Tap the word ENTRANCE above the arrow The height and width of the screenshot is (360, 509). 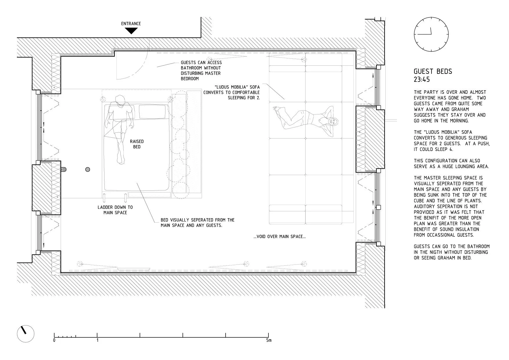[131, 24]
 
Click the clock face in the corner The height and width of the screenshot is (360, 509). [431, 34]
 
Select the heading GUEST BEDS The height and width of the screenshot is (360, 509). [433, 71]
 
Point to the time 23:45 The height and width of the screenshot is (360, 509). [422, 80]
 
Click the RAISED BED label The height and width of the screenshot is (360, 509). [137, 144]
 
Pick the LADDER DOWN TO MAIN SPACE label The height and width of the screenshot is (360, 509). [115, 210]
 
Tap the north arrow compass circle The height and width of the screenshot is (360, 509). [26, 334]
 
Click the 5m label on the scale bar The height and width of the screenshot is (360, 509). [269, 340]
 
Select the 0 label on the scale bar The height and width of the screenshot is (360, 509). [54, 340]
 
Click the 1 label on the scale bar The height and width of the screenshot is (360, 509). [97, 340]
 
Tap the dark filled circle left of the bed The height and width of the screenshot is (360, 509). [88, 170]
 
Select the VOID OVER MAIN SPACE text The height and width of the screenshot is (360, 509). [279, 237]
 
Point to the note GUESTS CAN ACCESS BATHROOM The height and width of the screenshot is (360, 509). [201, 71]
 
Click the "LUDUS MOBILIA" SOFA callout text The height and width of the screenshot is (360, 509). [232, 92]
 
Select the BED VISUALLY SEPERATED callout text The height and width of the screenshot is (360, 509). [198, 223]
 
